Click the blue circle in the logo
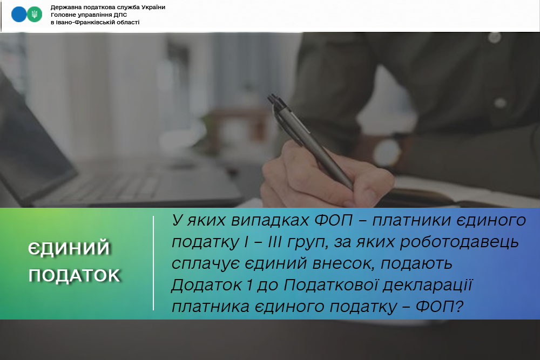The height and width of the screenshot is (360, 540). (19, 15)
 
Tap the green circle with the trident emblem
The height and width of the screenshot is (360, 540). (35, 15)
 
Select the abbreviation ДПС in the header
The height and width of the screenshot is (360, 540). (120, 15)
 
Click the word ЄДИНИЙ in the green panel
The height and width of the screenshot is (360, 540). (69, 248)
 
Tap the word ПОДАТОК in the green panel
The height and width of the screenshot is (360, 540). (74, 275)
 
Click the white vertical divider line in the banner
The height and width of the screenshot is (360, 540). (153, 263)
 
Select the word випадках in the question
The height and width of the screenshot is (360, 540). (270, 221)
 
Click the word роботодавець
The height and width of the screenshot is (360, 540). (460, 242)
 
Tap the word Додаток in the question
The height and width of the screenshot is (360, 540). (206, 285)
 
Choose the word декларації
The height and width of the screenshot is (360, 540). (428, 286)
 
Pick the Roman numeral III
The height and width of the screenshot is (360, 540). (274, 242)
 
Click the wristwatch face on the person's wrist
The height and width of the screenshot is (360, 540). (387, 152)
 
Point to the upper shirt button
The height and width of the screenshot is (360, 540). (495, 38)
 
